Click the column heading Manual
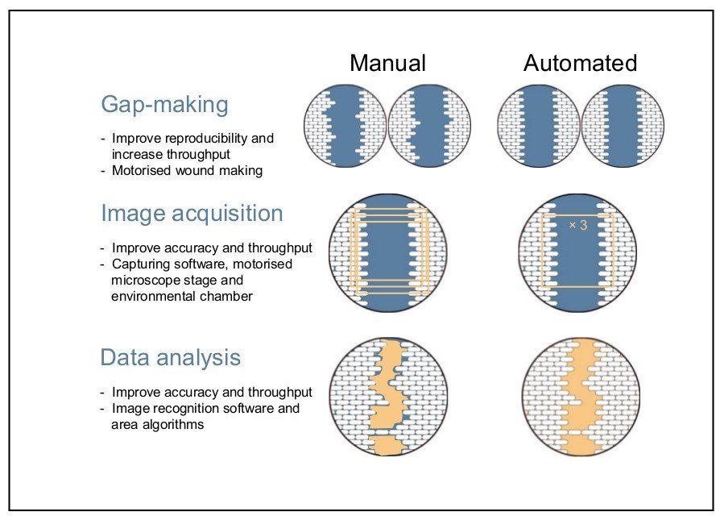(x=387, y=63)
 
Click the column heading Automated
(x=580, y=63)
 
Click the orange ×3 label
(x=578, y=225)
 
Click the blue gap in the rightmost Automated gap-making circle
(x=623, y=126)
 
